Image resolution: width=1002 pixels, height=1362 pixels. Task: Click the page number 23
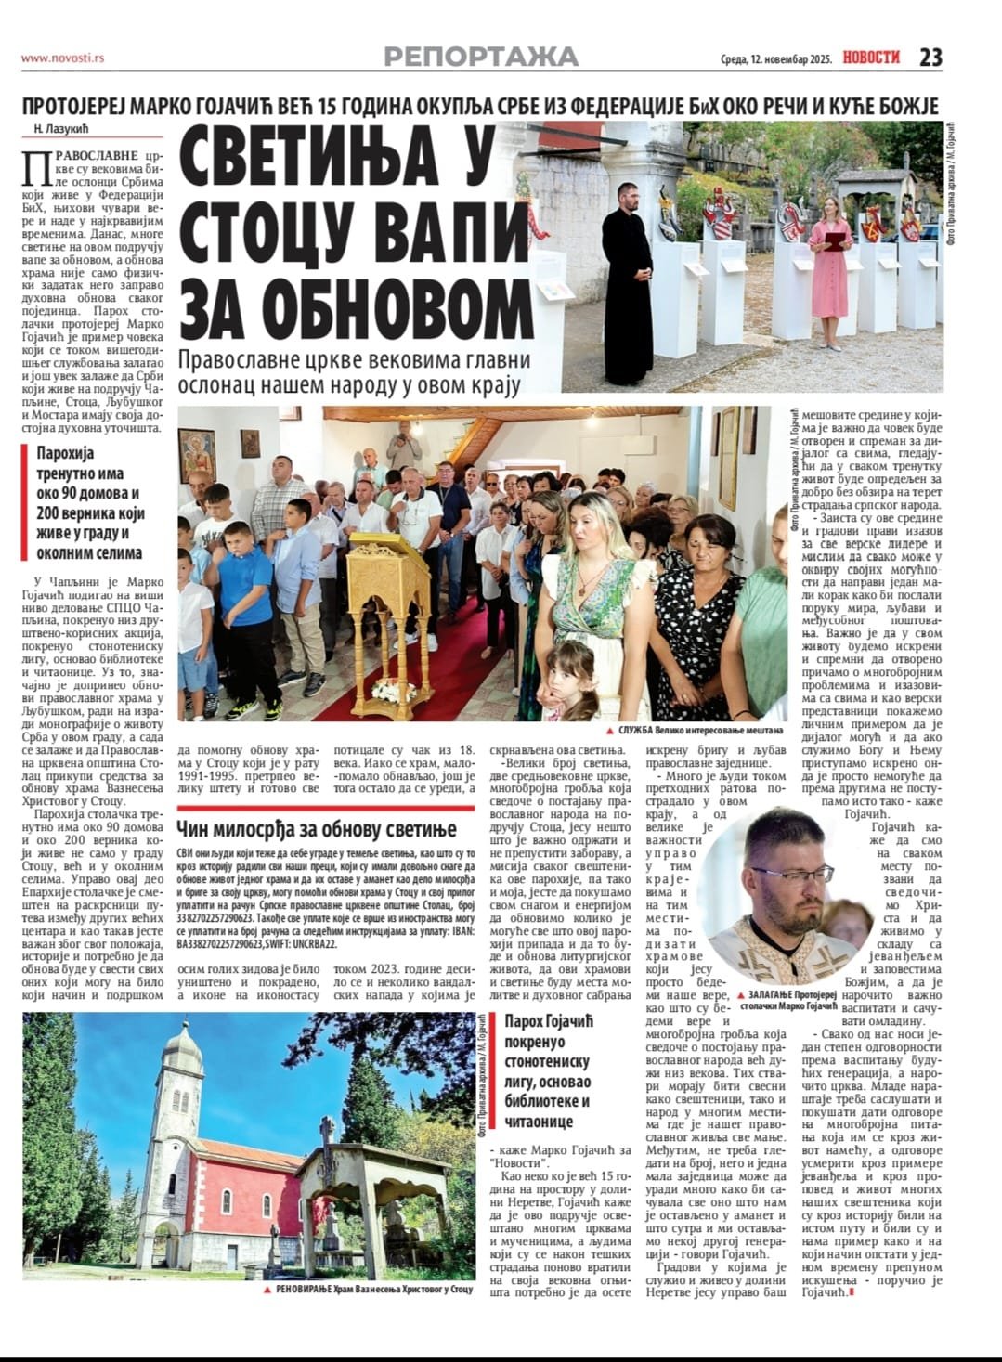point(930,58)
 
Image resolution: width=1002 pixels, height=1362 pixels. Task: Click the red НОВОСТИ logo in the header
point(871,58)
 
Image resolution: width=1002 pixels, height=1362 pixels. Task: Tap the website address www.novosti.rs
point(62,58)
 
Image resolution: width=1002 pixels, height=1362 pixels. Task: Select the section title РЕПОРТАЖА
point(481,58)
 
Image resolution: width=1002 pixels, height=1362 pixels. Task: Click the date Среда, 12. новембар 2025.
point(775,58)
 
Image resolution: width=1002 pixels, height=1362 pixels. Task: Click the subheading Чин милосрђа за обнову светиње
point(316,828)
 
